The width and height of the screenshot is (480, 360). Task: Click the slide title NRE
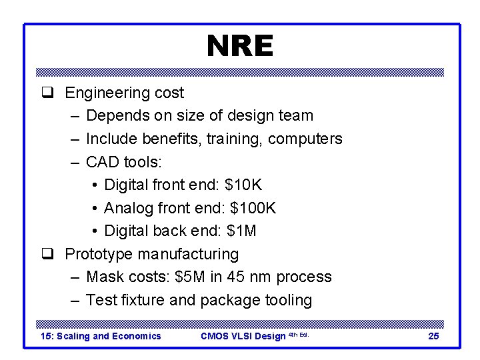click(x=240, y=46)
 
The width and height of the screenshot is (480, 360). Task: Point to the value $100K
click(x=253, y=208)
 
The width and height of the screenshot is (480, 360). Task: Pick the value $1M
click(x=241, y=231)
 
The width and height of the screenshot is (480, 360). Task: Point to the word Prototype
click(x=99, y=254)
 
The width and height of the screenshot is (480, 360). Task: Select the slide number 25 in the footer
click(x=433, y=336)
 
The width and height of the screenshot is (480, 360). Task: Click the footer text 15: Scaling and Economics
click(x=101, y=336)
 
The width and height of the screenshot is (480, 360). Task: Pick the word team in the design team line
click(x=296, y=115)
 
